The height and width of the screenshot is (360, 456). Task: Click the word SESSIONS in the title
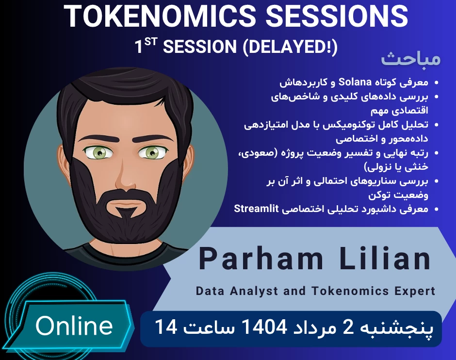pos(335,17)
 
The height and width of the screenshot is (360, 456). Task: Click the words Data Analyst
pos(237,291)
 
